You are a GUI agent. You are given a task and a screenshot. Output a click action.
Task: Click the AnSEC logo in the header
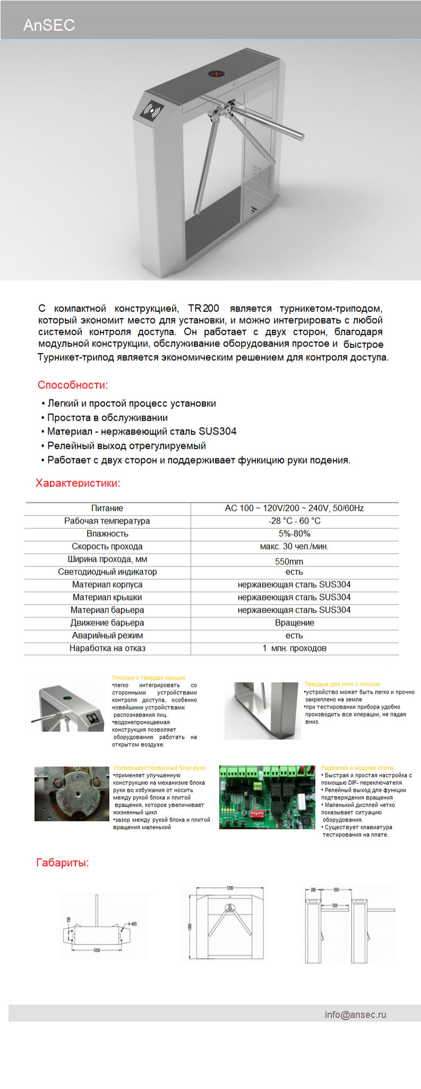49,25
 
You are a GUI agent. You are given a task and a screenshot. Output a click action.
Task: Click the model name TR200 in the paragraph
203,308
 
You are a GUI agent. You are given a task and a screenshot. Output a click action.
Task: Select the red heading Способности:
73,385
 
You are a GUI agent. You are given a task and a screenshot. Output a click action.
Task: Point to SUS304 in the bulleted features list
218,431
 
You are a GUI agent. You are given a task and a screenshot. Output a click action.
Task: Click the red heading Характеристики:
78,483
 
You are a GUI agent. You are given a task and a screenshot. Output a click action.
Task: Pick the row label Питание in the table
107,508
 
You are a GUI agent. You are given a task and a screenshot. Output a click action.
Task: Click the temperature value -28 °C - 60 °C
294,521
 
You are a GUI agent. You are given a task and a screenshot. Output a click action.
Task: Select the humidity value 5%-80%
294,534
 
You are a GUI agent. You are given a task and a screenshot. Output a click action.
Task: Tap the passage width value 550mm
289,561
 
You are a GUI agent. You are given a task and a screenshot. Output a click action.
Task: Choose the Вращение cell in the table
294,623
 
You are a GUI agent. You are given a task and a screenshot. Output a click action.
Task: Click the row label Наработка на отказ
107,648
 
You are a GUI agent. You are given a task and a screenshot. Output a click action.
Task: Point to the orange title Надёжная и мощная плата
357,768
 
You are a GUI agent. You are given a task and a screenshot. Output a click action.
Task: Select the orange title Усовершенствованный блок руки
159,768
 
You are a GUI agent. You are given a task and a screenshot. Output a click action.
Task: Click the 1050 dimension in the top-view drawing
97,950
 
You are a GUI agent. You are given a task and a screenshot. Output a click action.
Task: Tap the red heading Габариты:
63,863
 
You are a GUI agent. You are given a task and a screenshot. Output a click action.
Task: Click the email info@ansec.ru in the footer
356,1015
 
